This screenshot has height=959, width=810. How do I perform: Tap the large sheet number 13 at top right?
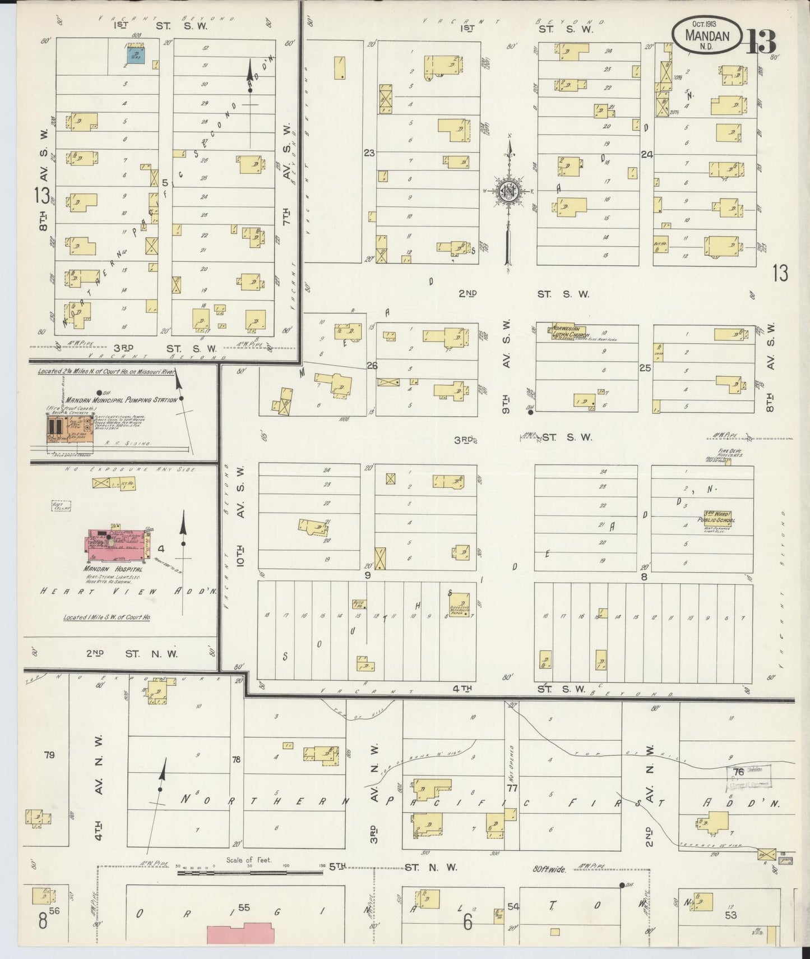click(x=761, y=41)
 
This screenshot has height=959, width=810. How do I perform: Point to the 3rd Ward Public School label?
click(x=720, y=517)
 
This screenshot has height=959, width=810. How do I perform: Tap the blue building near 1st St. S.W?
click(x=135, y=54)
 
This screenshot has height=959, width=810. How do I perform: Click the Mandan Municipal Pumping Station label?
click(x=121, y=400)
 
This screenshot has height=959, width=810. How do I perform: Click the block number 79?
click(x=49, y=755)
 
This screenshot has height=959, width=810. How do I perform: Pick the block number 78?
click(x=236, y=760)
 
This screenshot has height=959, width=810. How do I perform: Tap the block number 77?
click(x=511, y=788)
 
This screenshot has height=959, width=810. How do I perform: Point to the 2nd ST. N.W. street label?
click(x=132, y=653)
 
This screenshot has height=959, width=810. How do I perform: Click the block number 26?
click(x=372, y=366)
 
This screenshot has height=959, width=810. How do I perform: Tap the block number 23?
click(x=368, y=153)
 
